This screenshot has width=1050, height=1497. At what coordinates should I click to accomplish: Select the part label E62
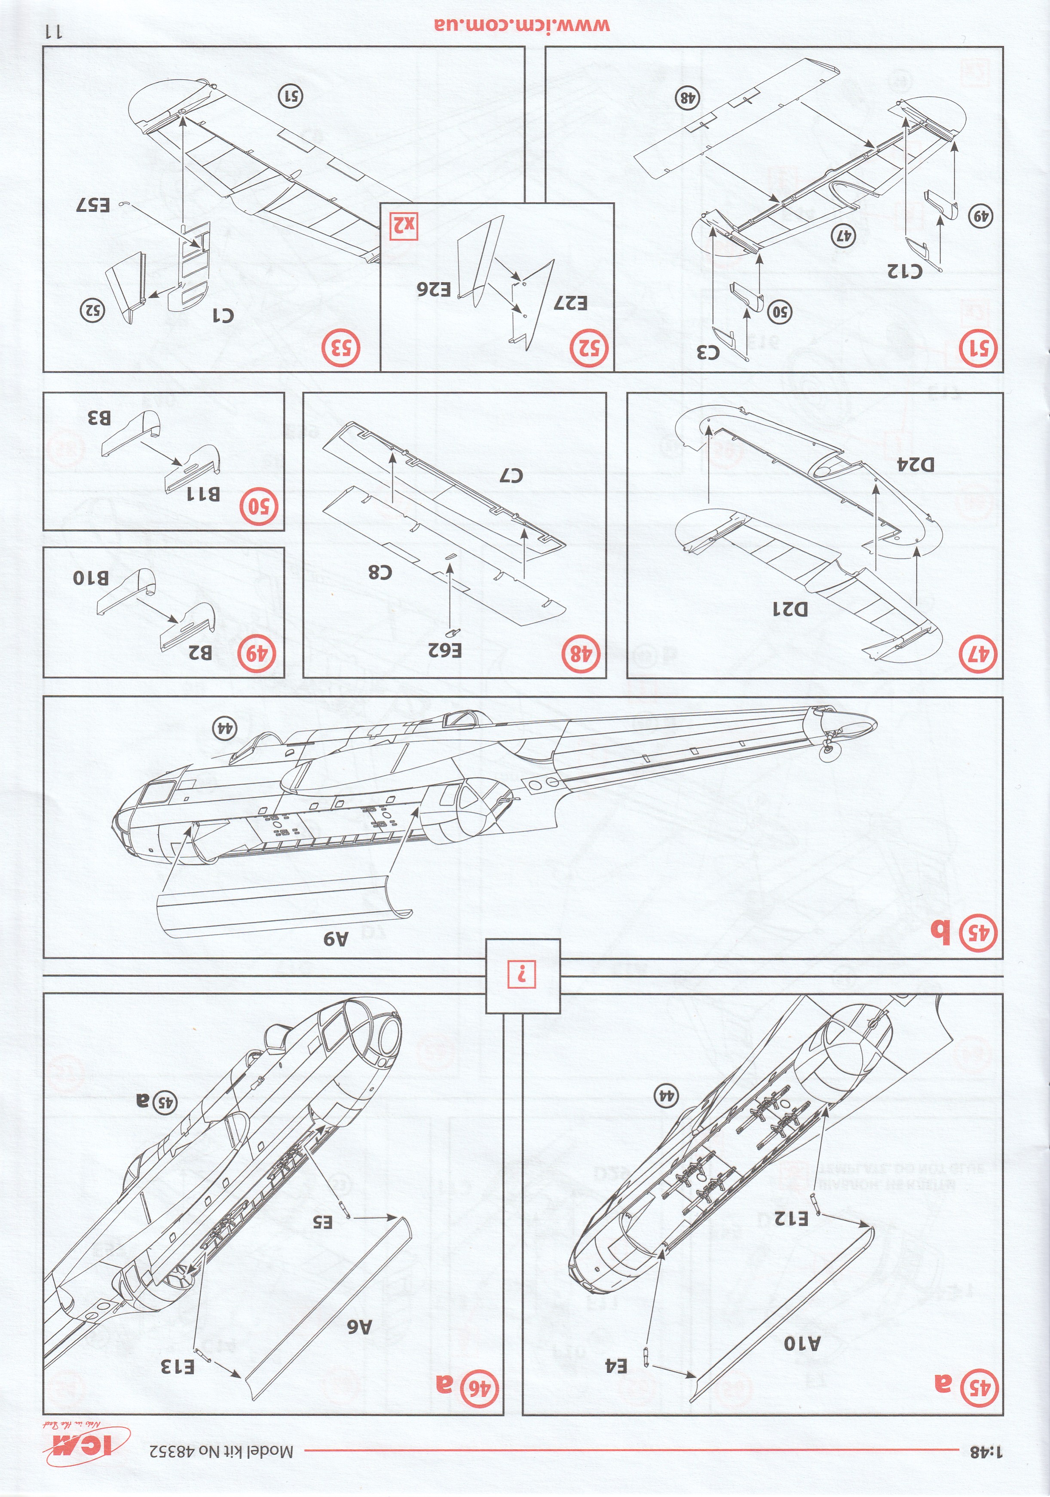(x=445, y=649)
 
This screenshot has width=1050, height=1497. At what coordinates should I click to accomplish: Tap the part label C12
(x=906, y=269)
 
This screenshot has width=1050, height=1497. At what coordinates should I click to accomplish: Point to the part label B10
(x=91, y=578)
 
